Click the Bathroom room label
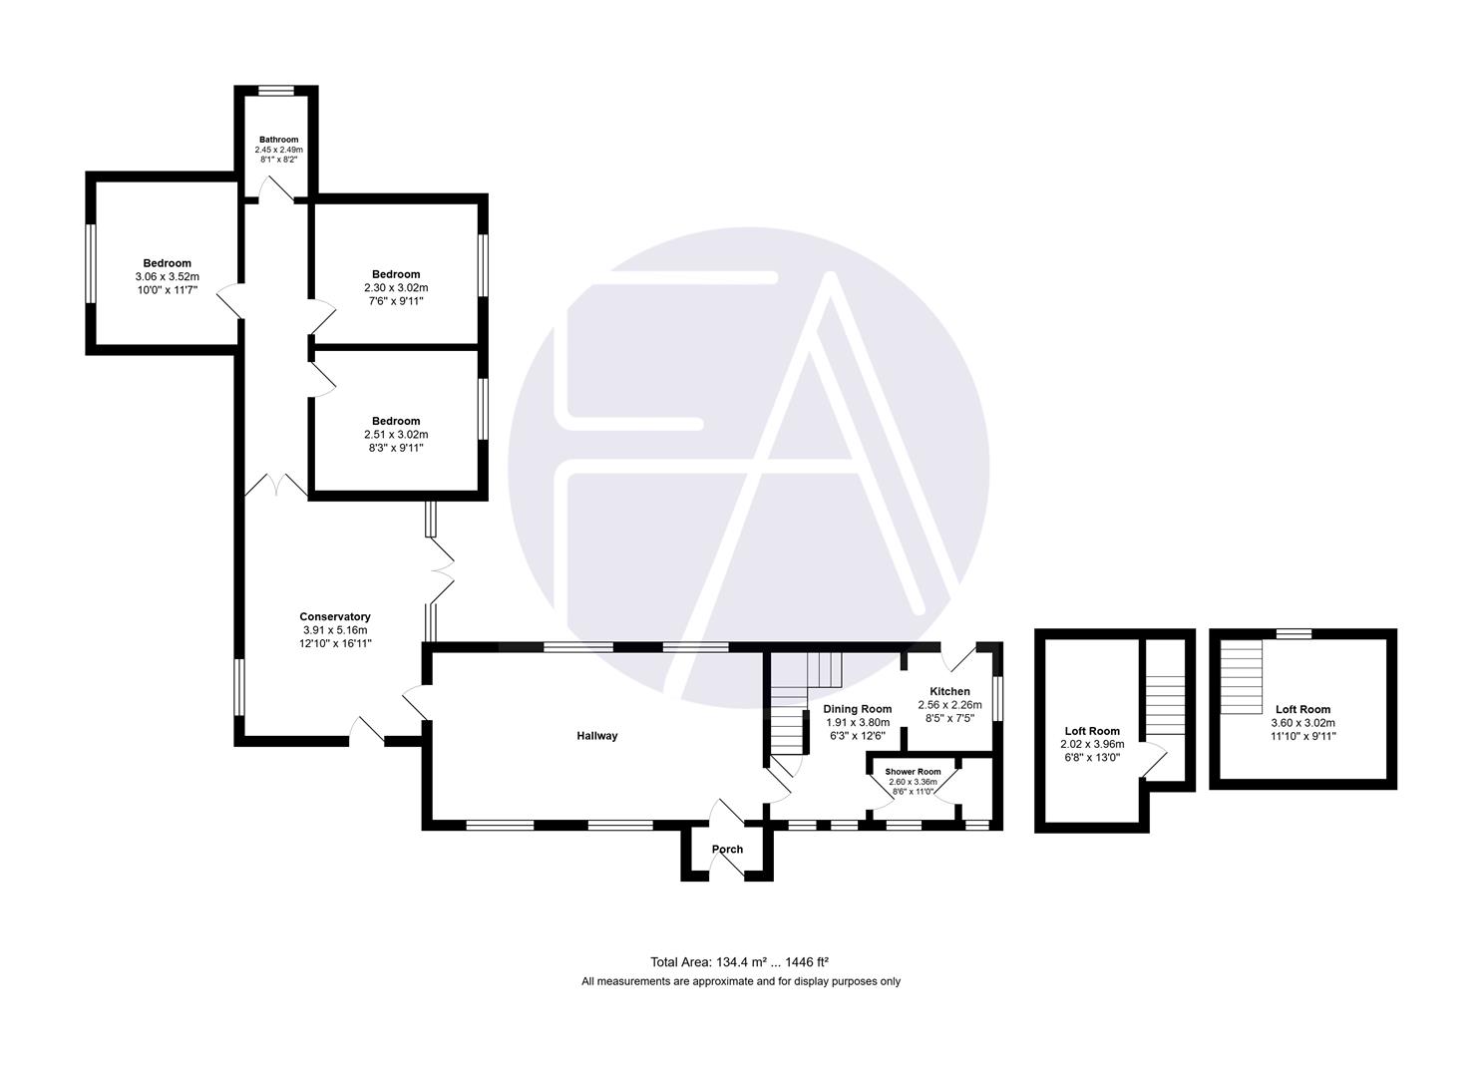click(278, 140)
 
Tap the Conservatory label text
click(335, 617)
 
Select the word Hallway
click(597, 736)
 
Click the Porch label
click(727, 850)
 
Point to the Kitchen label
click(949, 691)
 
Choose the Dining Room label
click(857, 709)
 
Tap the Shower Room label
click(913, 772)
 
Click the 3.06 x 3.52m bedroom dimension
click(167, 277)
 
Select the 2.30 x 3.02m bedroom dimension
click(396, 287)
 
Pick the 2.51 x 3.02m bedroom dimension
click(396, 435)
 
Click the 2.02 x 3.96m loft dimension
click(1091, 744)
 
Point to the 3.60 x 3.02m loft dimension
click(1302, 723)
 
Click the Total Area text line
click(740, 962)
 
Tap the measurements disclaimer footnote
click(740, 981)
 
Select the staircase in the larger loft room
click(1242, 675)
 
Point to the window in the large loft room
click(1294, 632)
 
